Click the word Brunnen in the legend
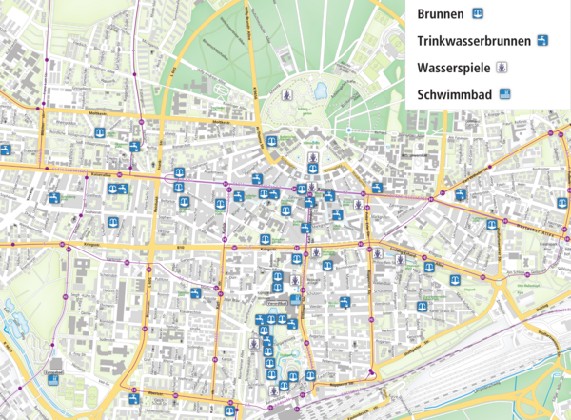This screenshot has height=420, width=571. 440,14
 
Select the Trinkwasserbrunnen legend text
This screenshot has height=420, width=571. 470,41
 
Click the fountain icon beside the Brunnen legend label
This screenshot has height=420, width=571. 480,14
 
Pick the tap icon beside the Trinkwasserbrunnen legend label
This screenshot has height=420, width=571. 542,41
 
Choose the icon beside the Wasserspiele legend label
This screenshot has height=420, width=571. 503,68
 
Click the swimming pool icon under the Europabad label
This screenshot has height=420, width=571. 53,378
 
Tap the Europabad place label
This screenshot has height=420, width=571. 53,368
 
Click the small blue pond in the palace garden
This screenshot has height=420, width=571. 321,90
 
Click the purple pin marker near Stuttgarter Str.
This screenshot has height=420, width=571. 371,372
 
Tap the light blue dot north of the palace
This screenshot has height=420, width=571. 349,130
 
